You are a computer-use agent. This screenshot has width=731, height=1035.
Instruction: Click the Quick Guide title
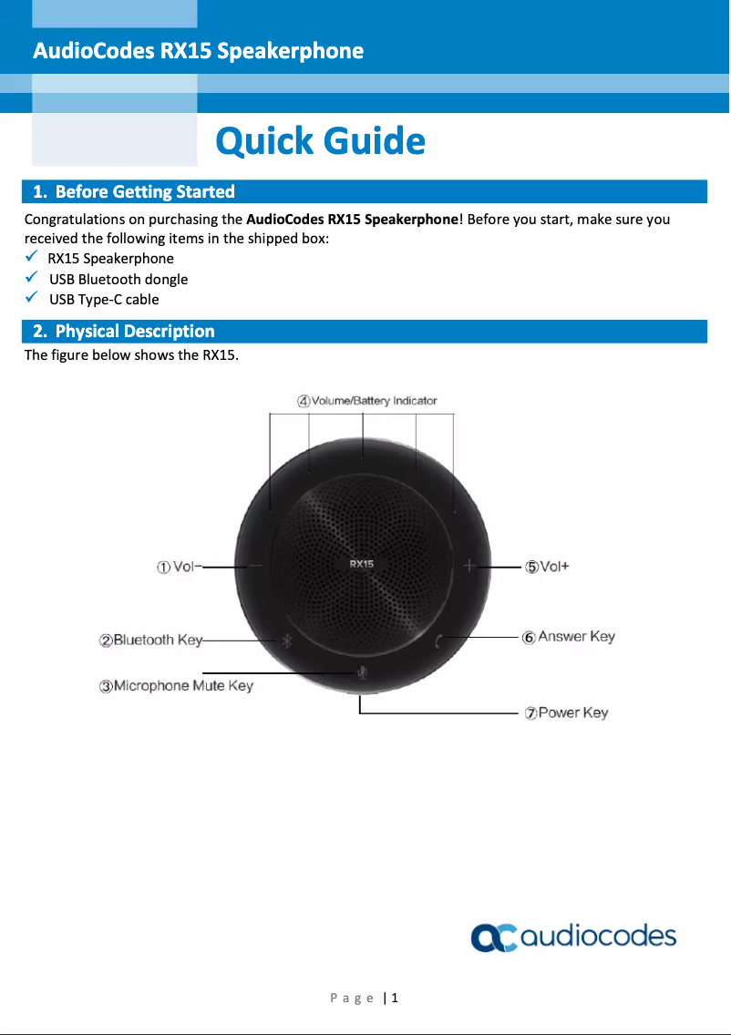click(x=320, y=141)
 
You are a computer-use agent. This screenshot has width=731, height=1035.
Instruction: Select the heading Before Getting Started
click(x=134, y=191)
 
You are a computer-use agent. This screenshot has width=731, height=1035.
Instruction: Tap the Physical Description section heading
click(x=124, y=331)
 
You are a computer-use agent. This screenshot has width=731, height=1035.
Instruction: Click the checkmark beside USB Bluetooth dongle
click(x=31, y=278)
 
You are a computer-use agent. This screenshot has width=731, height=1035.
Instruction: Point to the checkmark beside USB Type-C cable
click(x=31, y=298)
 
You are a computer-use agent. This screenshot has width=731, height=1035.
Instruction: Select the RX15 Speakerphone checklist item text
click(x=110, y=259)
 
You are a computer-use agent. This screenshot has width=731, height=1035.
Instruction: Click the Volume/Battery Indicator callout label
click(x=367, y=401)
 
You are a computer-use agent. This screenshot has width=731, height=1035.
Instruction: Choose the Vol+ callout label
click(x=547, y=567)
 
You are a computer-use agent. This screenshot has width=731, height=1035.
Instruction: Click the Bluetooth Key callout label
click(x=151, y=640)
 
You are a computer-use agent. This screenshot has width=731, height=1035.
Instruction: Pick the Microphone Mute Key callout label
click(x=176, y=685)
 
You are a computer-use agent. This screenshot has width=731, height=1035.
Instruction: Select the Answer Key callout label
click(x=569, y=637)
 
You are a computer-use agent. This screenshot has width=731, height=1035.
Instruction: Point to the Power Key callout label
click(x=566, y=712)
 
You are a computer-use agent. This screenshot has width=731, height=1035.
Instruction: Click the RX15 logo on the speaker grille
click(x=362, y=564)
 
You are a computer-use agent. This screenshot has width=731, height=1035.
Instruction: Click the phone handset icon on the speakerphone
click(x=439, y=640)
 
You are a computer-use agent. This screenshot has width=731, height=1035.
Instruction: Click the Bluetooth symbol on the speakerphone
click(x=283, y=640)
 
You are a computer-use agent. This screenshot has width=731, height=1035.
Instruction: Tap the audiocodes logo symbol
click(x=493, y=938)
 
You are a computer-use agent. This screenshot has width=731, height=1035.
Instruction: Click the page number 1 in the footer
click(x=395, y=998)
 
